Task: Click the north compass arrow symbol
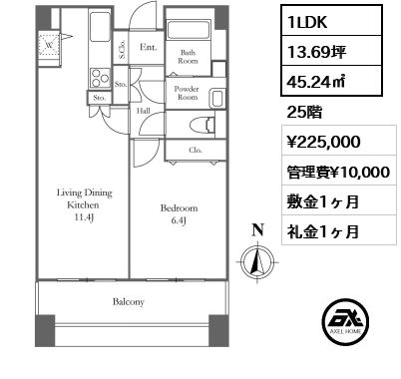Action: (257, 261)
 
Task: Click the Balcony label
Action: (129, 301)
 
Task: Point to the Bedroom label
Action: (180, 213)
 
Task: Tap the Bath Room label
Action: (189, 58)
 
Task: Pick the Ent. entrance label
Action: (149, 47)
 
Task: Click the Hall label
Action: (144, 111)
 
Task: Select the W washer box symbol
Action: (49, 43)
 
